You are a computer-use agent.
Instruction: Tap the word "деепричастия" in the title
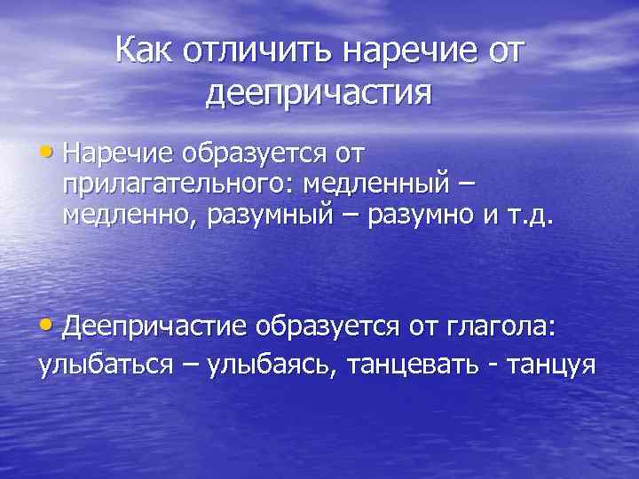pos(319,91)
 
